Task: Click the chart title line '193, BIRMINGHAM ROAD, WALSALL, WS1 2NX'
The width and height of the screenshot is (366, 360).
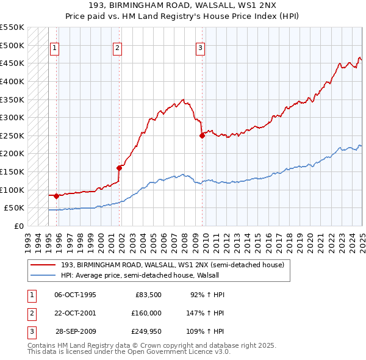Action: click(x=183, y=6)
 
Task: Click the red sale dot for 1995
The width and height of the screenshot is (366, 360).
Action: click(x=56, y=196)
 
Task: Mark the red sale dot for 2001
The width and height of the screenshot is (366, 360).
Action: click(x=120, y=168)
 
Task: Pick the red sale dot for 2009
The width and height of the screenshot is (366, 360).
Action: click(x=202, y=135)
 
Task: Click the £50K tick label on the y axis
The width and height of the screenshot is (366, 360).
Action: click(x=14, y=208)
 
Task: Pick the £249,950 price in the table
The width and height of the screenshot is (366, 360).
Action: click(x=146, y=331)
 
